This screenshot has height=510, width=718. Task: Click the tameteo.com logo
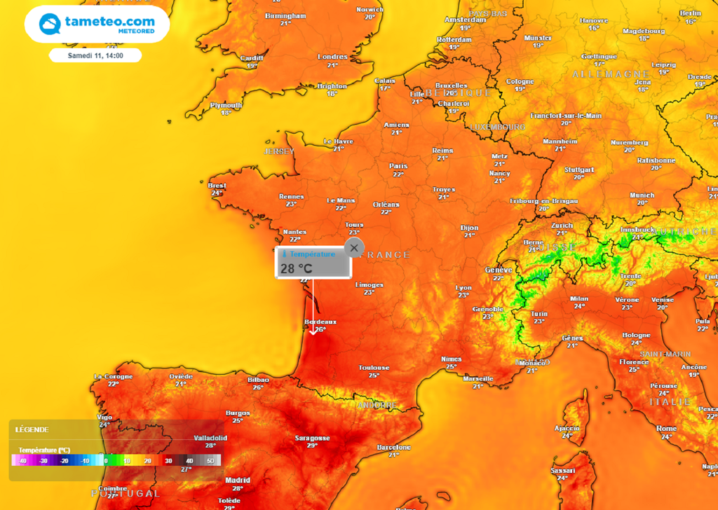click(x=97, y=25)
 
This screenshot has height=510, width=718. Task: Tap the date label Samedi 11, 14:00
click(x=95, y=55)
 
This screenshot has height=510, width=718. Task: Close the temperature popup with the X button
click(x=354, y=248)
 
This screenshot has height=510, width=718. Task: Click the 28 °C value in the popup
click(x=297, y=268)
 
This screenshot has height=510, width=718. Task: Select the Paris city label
click(x=398, y=166)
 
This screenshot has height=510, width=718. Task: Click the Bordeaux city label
click(x=320, y=322)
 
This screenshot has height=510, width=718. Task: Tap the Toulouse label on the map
click(x=374, y=368)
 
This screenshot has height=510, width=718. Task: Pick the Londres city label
click(x=332, y=57)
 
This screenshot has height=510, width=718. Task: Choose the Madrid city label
click(x=238, y=481)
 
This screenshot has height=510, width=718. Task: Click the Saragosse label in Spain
click(x=312, y=439)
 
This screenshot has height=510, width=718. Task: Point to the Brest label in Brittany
click(x=217, y=186)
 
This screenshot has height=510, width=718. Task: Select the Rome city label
click(x=666, y=429)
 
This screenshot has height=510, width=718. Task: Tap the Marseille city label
click(x=477, y=379)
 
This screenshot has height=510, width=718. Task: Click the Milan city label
click(x=579, y=298)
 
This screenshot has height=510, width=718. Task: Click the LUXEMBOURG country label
click(x=497, y=127)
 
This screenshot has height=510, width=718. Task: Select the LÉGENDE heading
click(x=32, y=429)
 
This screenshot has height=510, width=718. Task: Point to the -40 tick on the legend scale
click(x=22, y=461)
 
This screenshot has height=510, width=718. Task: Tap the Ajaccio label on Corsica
click(x=567, y=428)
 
